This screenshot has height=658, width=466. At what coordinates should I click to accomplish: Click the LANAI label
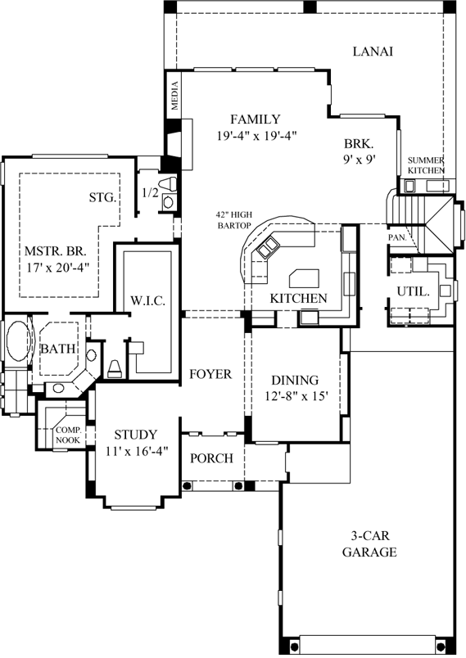373,51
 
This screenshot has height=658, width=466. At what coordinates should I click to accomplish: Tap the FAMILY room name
255,119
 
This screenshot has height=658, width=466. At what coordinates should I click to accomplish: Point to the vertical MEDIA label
174,97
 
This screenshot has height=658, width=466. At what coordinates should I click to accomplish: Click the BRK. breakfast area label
359,142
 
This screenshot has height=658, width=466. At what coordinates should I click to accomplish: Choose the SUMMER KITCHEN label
427,164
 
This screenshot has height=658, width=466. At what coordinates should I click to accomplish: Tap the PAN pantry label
396,237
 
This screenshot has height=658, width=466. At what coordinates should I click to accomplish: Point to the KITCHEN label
299,298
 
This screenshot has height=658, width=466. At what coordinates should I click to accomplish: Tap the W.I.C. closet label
148,301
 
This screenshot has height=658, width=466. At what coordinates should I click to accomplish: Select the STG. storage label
103,197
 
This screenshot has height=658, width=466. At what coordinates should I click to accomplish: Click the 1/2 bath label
150,193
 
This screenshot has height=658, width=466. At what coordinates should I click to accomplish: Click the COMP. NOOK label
67,435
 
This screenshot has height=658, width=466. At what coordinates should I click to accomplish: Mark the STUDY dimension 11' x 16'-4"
135,450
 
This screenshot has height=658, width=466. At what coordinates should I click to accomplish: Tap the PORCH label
211,458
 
